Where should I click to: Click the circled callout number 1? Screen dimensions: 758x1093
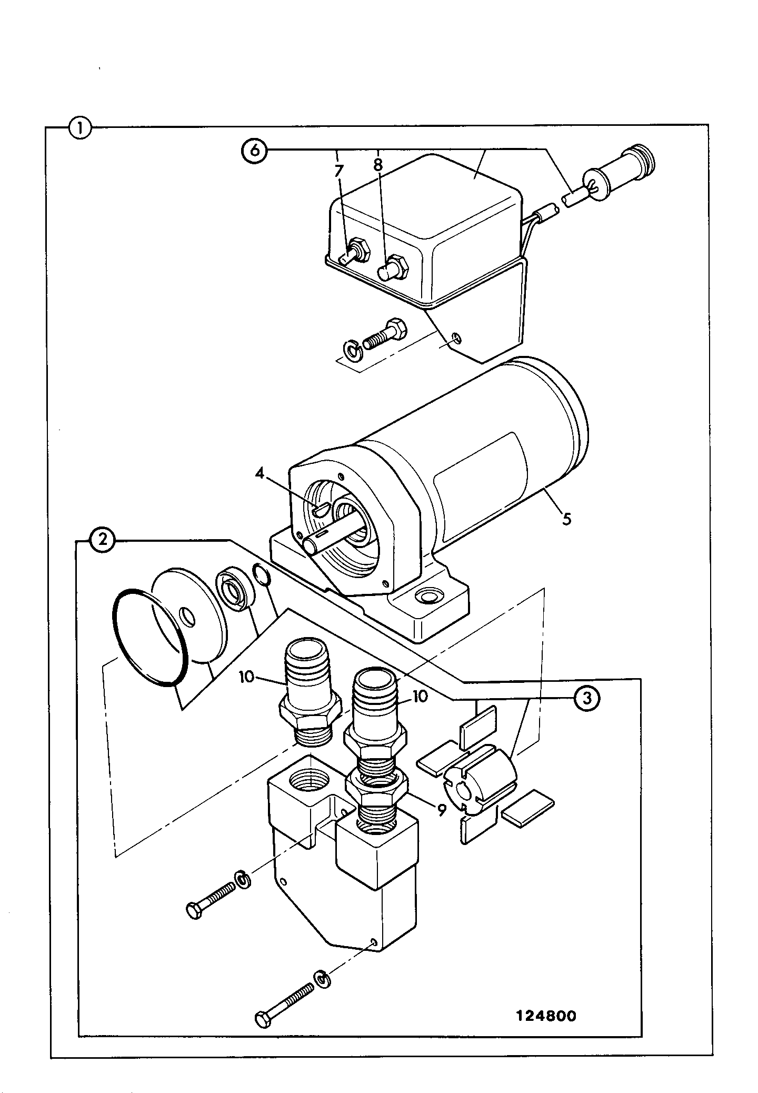(x=80, y=128)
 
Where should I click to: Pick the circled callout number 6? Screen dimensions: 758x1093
(x=254, y=151)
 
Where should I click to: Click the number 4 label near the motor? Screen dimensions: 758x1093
(x=259, y=473)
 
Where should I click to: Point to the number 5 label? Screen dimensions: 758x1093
(x=566, y=519)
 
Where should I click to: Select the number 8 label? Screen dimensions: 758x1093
(x=378, y=165)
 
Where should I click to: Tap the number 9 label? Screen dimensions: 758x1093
(x=441, y=809)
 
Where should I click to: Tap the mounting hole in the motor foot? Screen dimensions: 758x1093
(x=425, y=597)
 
